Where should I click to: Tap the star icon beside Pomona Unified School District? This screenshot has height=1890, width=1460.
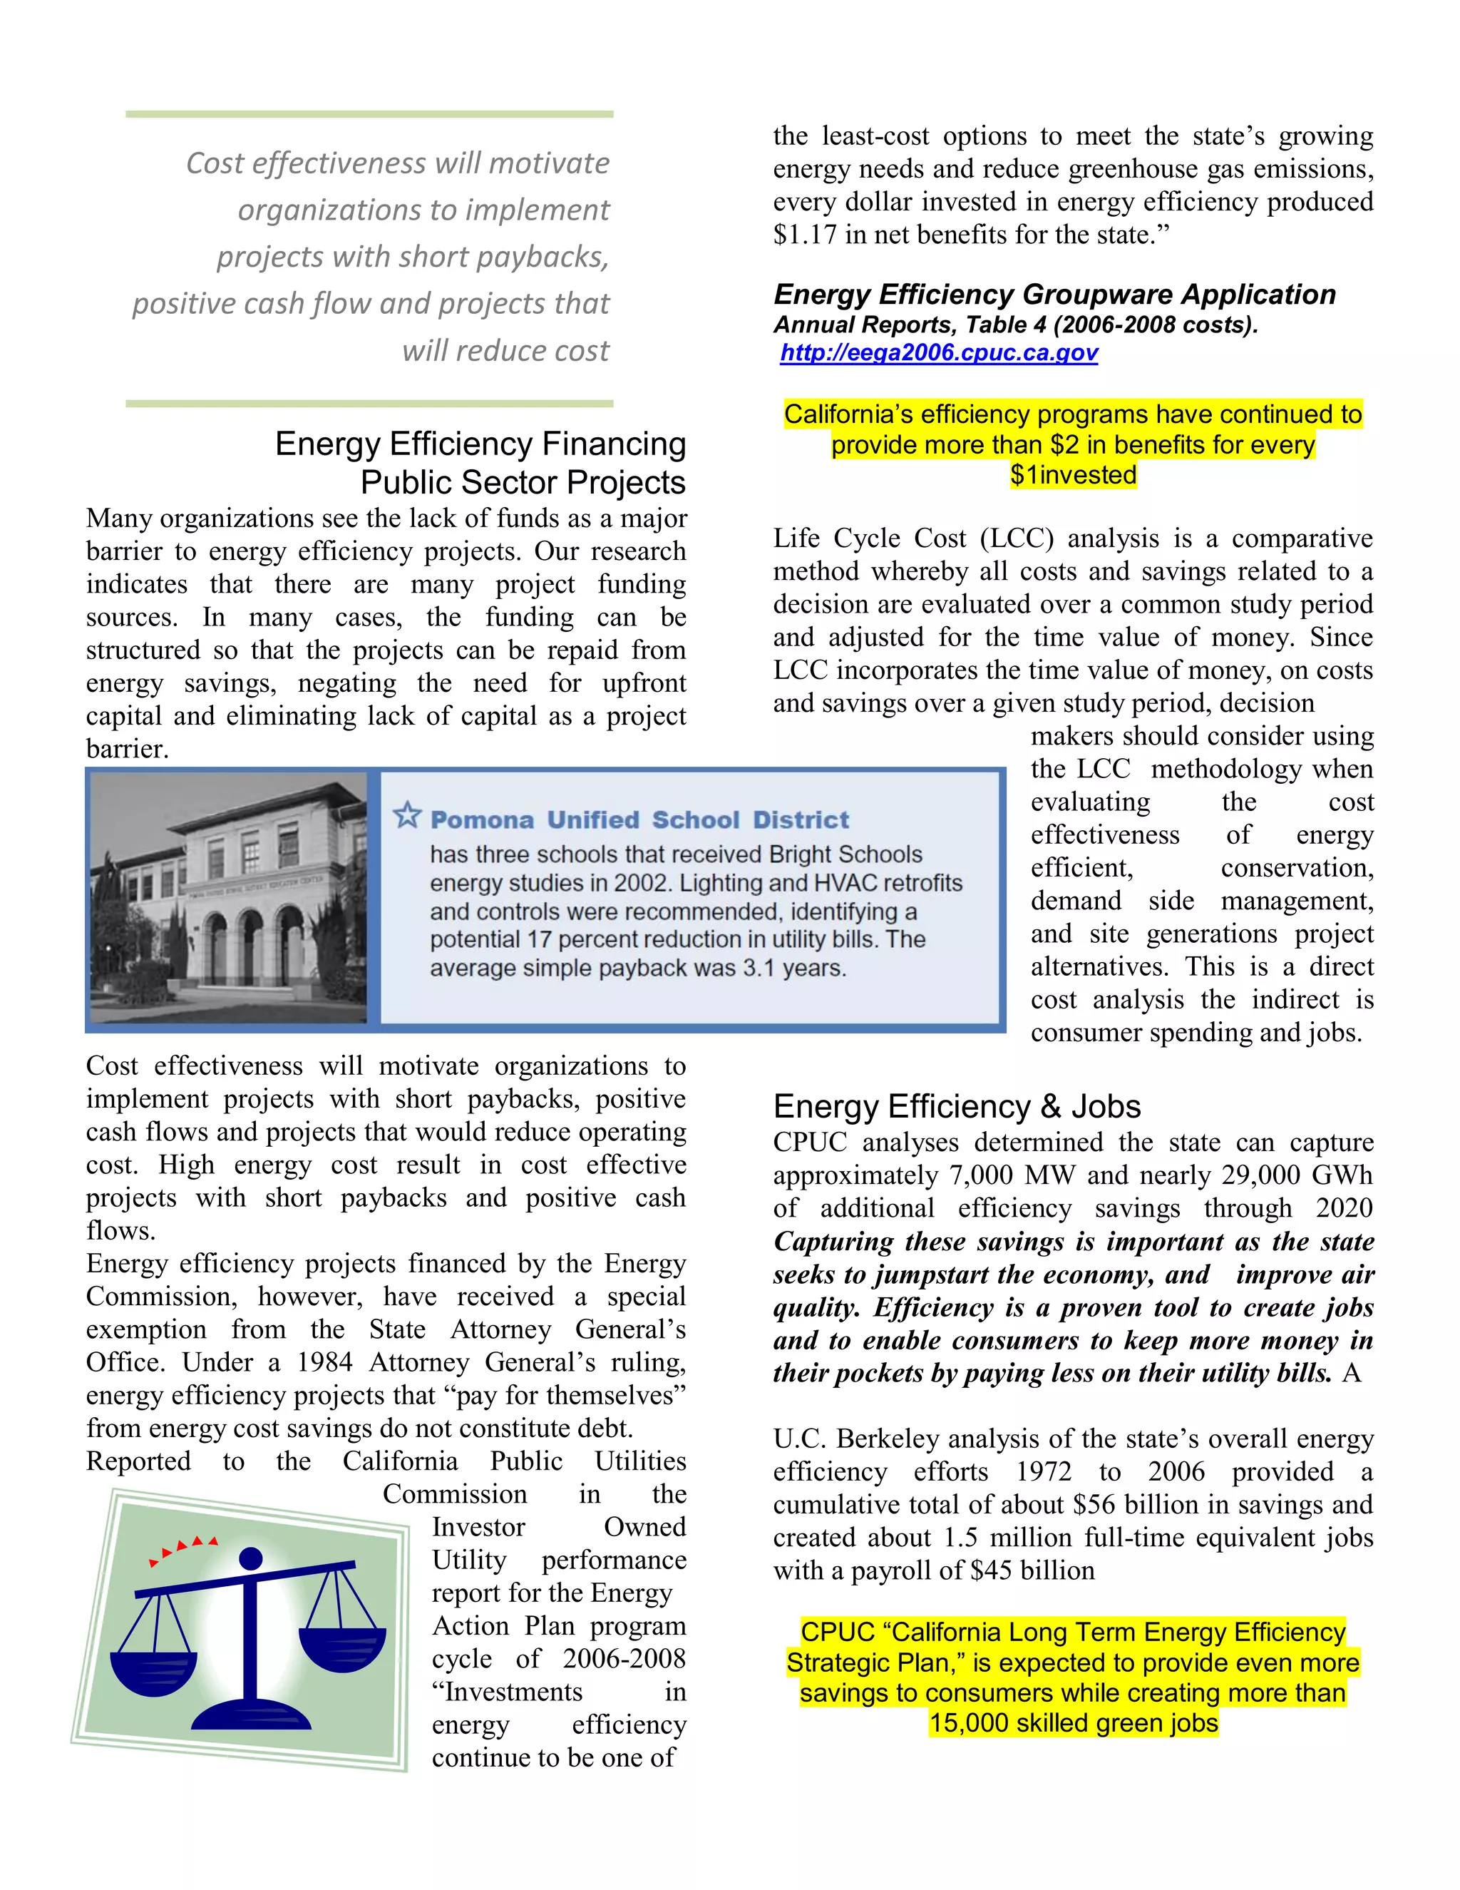click(x=406, y=815)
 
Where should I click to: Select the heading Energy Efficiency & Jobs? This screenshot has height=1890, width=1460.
click(x=957, y=1107)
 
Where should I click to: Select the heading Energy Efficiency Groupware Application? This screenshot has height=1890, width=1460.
click(x=1054, y=295)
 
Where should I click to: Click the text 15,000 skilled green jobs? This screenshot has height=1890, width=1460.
click(x=1074, y=1723)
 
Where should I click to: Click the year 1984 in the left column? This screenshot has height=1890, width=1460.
click(x=324, y=1363)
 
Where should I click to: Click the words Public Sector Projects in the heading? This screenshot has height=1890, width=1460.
click(x=523, y=483)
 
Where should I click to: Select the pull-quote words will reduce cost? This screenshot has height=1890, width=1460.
click(x=505, y=350)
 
